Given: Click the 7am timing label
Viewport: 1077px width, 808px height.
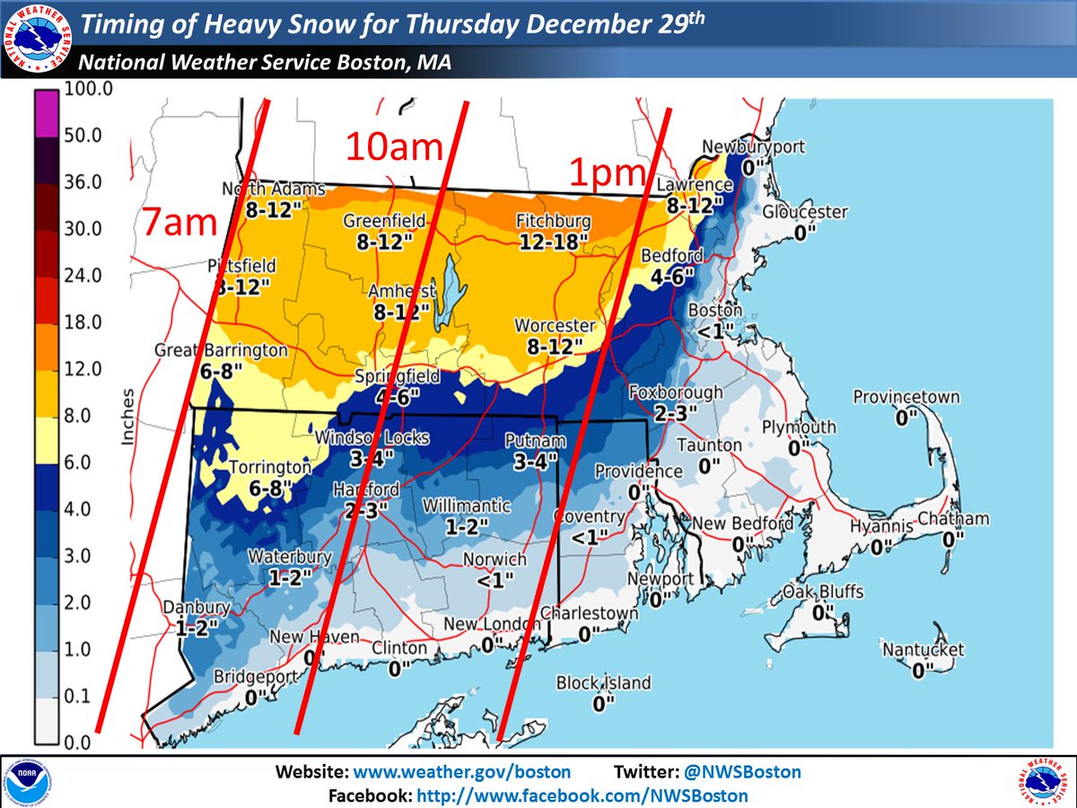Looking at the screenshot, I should click(180, 222).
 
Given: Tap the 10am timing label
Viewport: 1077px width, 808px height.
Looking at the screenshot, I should click(395, 146).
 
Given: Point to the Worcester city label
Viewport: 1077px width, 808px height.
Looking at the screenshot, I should click(555, 325).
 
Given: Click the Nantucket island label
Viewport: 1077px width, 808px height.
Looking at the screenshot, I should click(923, 649).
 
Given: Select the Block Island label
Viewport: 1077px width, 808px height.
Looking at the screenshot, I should click(603, 683).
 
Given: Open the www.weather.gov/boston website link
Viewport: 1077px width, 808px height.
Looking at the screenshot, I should click(461, 772).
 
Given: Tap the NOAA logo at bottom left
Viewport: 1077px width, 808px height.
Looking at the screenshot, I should click(31, 779).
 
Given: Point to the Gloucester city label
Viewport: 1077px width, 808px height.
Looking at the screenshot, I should click(805, 213).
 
